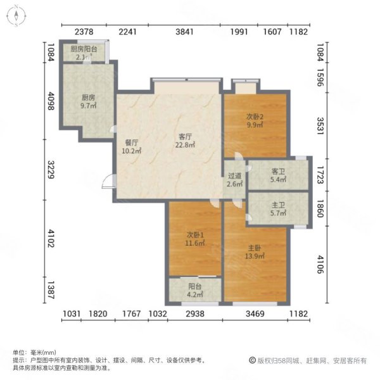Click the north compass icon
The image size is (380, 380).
pos(16,16)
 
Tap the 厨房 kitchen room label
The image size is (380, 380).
pos(89,98)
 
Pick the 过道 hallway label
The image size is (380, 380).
pos(234,176)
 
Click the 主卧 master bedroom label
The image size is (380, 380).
pos(256,246)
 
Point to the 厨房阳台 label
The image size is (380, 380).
pos(84,49)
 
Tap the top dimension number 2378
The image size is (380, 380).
pos(84,32)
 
